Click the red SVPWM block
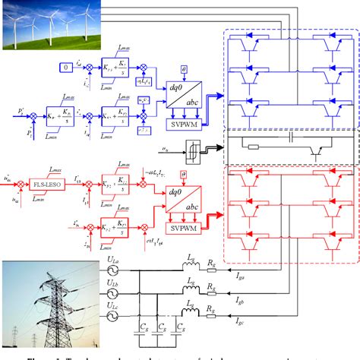click(184, 227)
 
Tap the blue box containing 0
click(66, 68)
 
